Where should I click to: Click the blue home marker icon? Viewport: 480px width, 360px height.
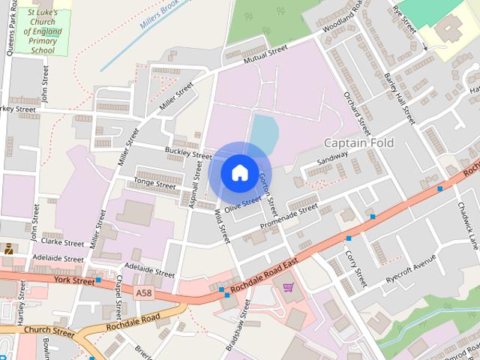(238, 172)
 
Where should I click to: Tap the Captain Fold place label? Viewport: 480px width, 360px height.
(358, 142)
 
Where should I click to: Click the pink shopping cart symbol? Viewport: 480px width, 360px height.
(288, 286)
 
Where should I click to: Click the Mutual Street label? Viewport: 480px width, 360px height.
(266, 52)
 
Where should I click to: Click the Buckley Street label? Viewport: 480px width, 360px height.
(189, 152)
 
